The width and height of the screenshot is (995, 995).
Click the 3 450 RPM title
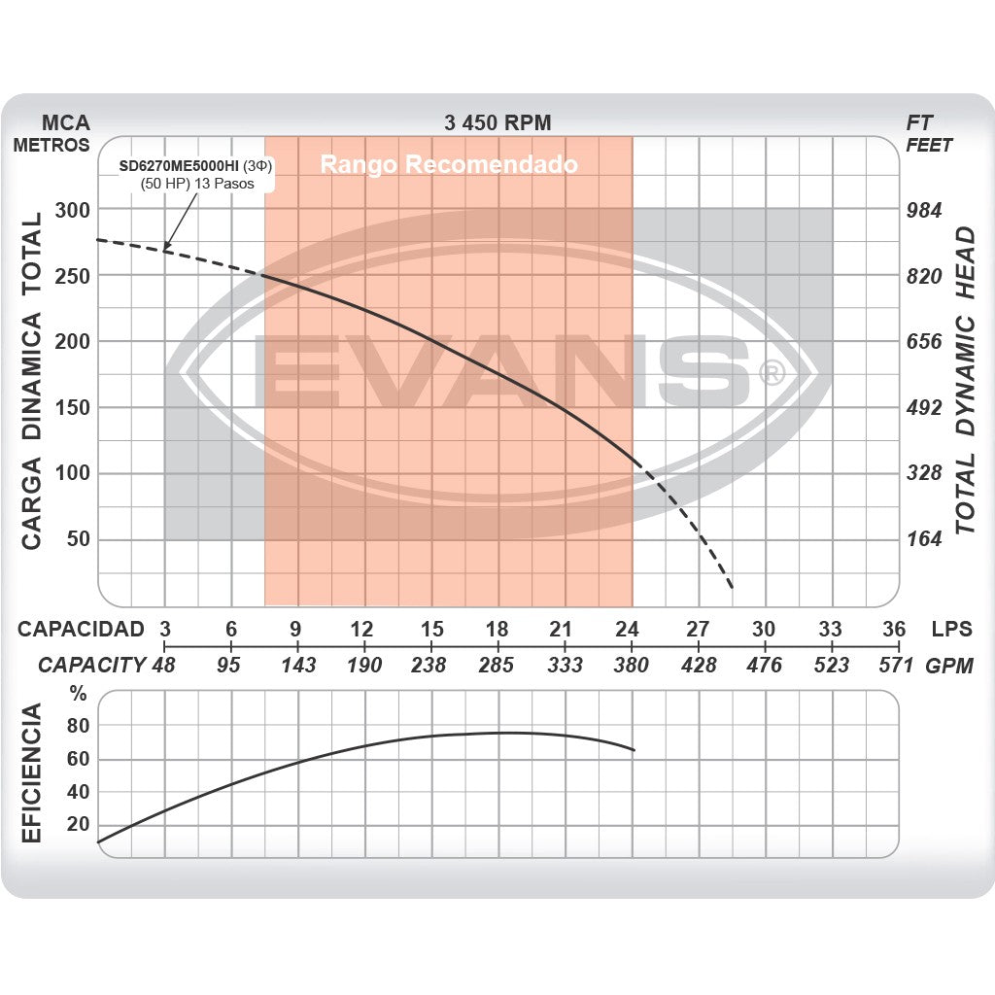tap(497, 122)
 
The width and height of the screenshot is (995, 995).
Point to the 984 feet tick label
tap(924, 210)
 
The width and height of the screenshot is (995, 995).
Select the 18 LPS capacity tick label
tap(497, 629)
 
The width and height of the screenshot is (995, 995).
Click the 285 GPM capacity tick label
tap(497, 665)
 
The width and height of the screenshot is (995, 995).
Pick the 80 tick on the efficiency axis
tap(78, 726)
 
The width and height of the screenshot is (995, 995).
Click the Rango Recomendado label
tap(449, 164)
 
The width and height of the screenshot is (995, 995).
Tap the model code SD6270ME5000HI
tap(179, 166)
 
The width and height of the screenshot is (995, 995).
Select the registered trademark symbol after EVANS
tap(771, 373)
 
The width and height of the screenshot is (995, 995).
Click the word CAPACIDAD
tap(81, 629)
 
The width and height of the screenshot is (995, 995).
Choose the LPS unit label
tap(950, 629)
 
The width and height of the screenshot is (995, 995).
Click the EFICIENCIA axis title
tap(32, 774)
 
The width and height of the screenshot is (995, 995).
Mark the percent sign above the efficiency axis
tap(79, 694)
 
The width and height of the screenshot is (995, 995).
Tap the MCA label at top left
tap(66, 122)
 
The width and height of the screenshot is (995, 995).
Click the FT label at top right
tap(918, 122)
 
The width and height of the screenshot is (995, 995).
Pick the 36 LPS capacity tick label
tap(894, 629)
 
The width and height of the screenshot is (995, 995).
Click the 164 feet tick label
tap(924, 539)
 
